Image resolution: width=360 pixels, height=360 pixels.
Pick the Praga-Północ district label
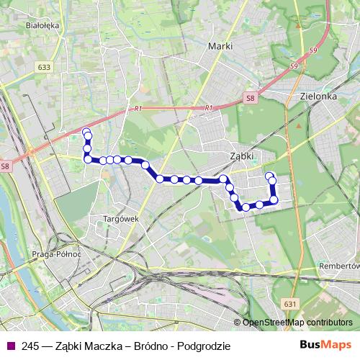(56, 254)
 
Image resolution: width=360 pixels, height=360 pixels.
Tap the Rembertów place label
(338, 265)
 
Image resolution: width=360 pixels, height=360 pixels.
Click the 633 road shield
(45, 68)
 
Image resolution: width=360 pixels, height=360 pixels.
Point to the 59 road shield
(312, 50)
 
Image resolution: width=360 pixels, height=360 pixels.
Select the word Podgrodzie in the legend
(205, 346)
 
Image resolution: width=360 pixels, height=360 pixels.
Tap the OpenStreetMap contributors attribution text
(297, 323)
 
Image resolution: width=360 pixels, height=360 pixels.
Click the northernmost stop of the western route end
(86, 131)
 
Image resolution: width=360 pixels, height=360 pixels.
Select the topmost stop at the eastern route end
(269, 176)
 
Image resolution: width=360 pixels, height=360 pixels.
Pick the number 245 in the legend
(30, 346)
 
